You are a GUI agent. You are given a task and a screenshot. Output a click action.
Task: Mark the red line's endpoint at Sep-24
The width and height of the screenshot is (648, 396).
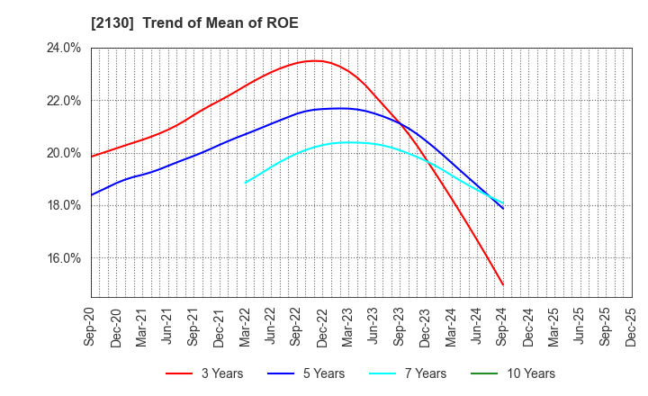coord(503,285)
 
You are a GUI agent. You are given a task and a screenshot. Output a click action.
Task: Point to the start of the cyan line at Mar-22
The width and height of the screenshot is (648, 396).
coord(246,183)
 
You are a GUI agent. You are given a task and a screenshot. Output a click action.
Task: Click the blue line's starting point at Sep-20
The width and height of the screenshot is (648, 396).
coord(91,195)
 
